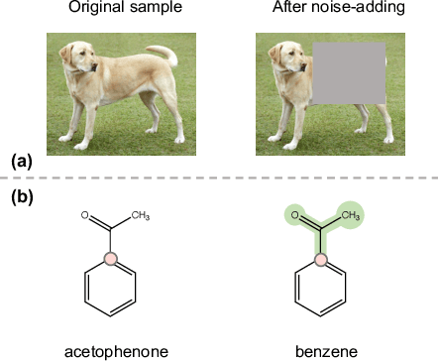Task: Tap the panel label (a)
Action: [22, 160]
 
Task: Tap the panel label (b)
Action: [22, 196]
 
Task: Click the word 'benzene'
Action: [320, 350]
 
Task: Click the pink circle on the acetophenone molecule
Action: [111, 260]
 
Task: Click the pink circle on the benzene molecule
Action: [320, 260]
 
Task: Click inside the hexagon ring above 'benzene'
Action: [320, 290]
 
